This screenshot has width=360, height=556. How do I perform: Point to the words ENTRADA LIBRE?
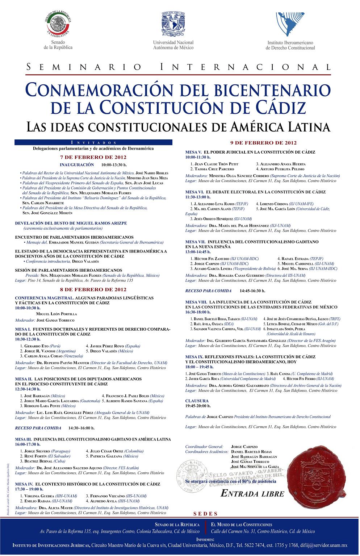252,493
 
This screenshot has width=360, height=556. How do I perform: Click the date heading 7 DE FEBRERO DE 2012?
93,157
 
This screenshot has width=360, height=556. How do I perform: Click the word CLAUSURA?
197,401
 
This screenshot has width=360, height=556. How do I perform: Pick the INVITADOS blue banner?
93,142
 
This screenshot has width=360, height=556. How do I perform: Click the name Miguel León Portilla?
56,314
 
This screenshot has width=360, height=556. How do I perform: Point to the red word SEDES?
206,514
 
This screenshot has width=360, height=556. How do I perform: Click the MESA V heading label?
194,152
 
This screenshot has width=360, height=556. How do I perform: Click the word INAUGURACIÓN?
77,164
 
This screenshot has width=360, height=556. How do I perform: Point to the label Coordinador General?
204,447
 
